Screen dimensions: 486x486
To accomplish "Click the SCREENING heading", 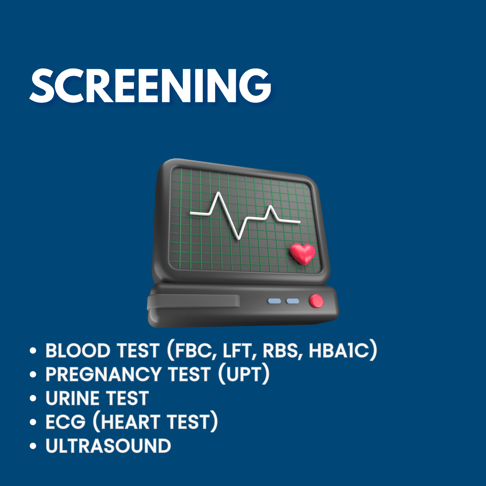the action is (150, 86).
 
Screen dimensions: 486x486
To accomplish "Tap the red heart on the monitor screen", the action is (303, 254).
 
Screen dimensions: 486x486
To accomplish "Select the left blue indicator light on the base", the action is (274, 301).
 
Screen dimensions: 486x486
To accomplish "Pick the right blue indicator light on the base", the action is (293, 301).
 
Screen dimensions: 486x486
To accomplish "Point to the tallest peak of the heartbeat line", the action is (219, 193).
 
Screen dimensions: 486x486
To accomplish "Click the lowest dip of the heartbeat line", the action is (239, 238).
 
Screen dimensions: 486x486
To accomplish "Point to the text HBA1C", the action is (339, 351).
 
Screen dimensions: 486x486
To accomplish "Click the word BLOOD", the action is (78, 351).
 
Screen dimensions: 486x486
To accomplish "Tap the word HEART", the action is (131, 422).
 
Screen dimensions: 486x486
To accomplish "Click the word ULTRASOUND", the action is (108, 446).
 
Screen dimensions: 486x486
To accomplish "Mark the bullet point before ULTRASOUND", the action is (33, 446).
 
